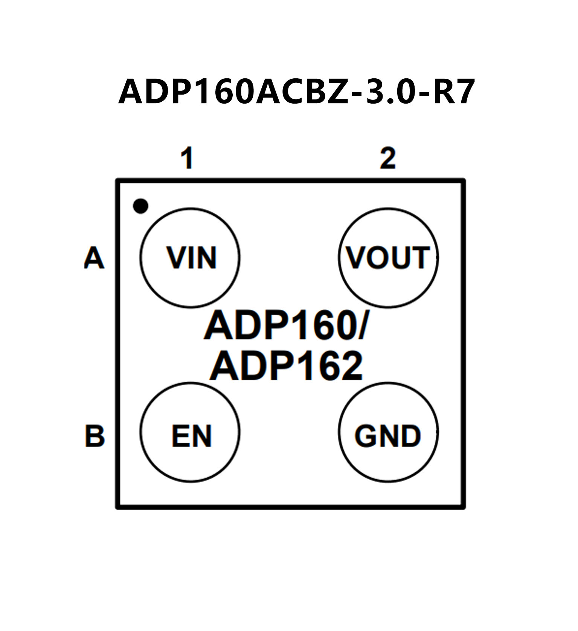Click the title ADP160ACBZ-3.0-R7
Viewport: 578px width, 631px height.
point(296,92)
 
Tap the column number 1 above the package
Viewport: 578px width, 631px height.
point(187,159)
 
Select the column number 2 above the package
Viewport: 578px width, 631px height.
point(388,159)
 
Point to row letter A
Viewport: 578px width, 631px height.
point(94,258)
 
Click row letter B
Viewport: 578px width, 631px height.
point(95,436)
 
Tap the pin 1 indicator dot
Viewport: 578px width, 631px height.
point(141,206)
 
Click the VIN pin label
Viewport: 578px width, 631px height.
point(192,258)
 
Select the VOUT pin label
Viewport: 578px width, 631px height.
point(388,258)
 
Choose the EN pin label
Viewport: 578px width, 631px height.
point(192,436)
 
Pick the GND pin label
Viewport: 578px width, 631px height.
point(388,436)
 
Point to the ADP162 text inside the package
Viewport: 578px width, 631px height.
point(286,366)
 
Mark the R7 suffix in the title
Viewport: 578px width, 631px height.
point(453,92)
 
